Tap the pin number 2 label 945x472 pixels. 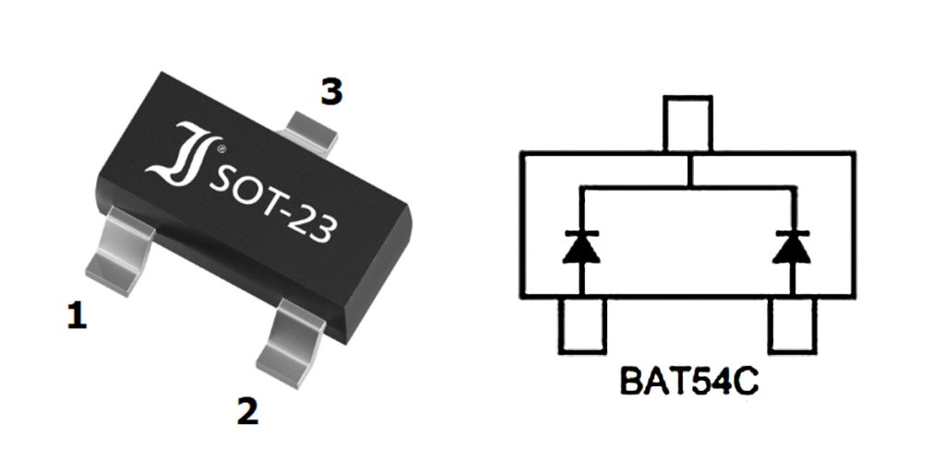point(247,411)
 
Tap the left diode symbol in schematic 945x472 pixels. point(580,247)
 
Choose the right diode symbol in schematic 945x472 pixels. point(792,247)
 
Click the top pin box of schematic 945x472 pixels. point(688,125)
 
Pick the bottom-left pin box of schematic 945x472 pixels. point(582,325)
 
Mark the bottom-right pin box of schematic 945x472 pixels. point(793,325)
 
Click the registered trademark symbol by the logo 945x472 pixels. point(219,148)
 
